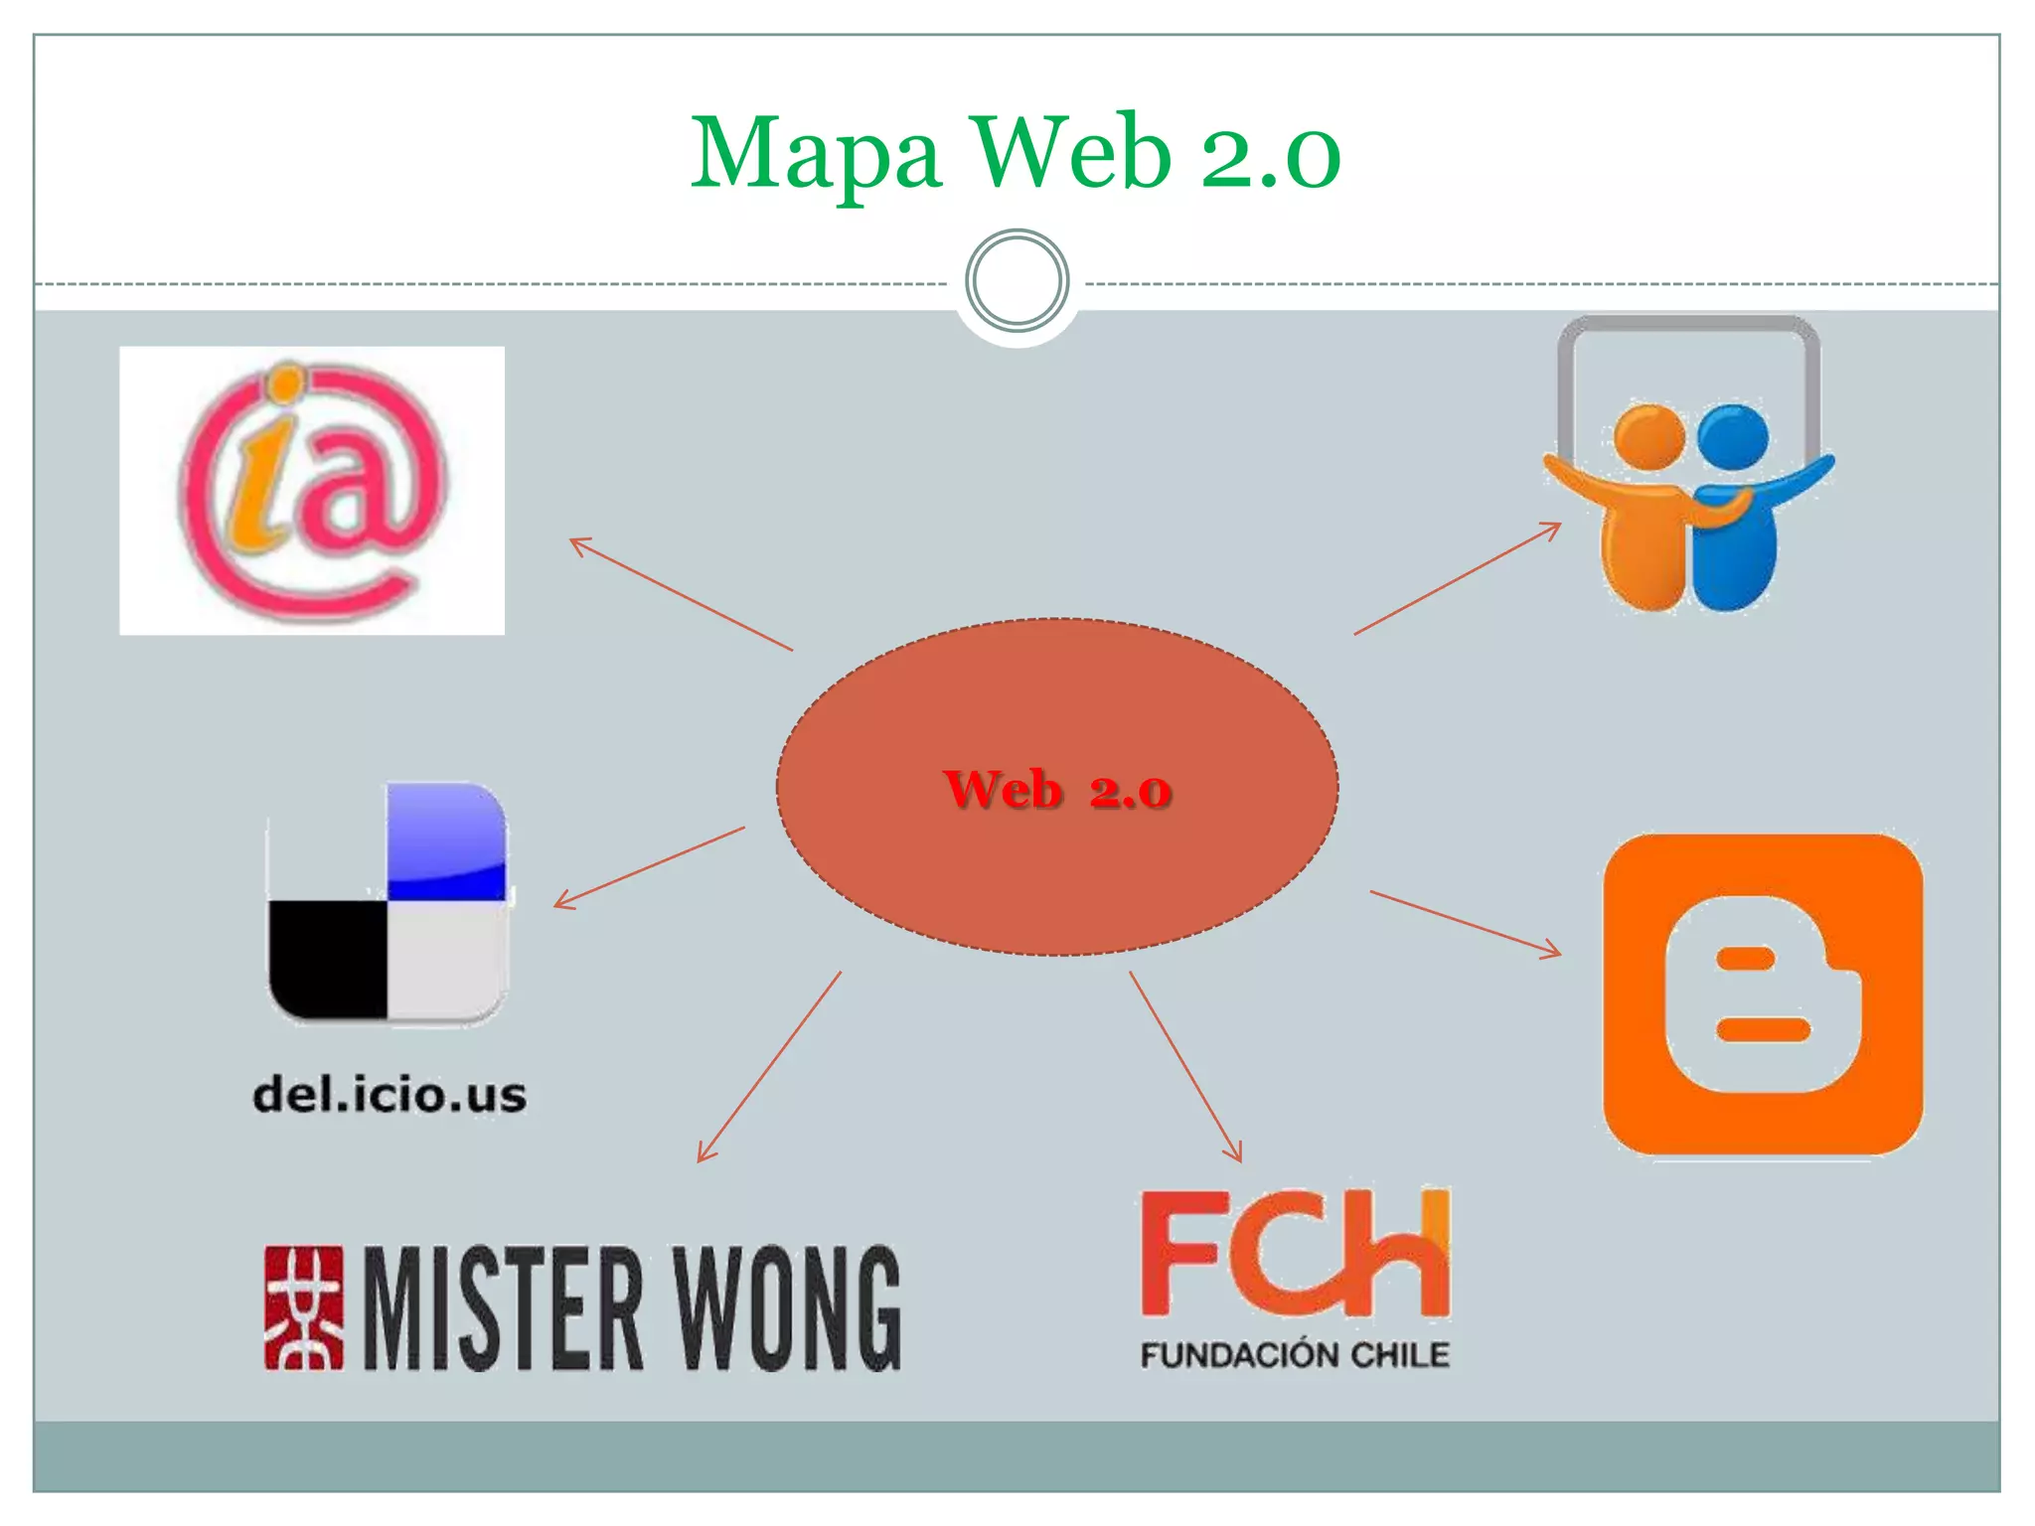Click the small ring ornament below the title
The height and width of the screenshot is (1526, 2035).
[1017, 281]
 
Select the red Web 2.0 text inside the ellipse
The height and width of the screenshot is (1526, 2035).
[1057, 790]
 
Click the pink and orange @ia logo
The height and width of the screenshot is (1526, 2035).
[312, 491]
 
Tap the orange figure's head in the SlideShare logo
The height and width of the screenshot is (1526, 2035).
[1648, 435]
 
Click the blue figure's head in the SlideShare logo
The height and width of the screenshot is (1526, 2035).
[1733, 435]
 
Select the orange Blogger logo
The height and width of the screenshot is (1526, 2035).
[1763, 994]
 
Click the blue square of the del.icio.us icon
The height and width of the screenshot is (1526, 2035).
[446, 840]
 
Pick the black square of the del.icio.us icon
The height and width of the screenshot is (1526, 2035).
[327, 959]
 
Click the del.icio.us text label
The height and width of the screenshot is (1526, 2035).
[390, 1095]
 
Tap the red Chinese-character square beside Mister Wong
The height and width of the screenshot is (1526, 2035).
[304, 1307]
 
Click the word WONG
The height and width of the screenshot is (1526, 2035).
[787, 1307]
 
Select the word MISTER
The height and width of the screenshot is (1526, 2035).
[504, 1307]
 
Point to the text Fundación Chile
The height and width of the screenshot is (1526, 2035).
[1295, 1354]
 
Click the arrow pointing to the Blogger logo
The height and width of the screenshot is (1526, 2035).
[1465, 923]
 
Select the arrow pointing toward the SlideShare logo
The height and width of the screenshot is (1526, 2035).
[1457, 578]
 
